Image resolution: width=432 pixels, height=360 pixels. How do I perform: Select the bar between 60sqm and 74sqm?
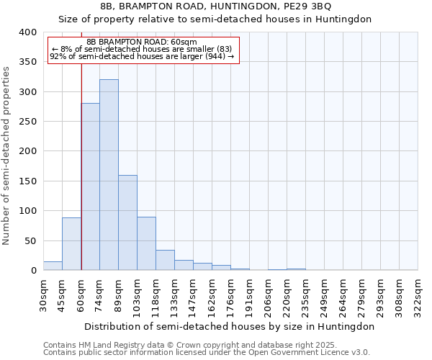click(90, 187)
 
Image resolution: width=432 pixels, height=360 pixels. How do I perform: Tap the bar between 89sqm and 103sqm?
click(127, 222)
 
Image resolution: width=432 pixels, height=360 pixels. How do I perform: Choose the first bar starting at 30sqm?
click(53, 266)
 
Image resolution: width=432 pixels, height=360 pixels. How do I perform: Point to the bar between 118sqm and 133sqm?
click(165, 260)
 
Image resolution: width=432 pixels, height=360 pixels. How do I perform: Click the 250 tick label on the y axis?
click(27, 122)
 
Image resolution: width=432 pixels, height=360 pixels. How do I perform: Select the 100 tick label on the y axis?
click(27, 211)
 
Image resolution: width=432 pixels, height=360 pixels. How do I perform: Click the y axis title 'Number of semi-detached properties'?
click(6, 155)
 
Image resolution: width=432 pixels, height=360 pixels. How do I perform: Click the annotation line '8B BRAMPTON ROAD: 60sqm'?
click(141, 42)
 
